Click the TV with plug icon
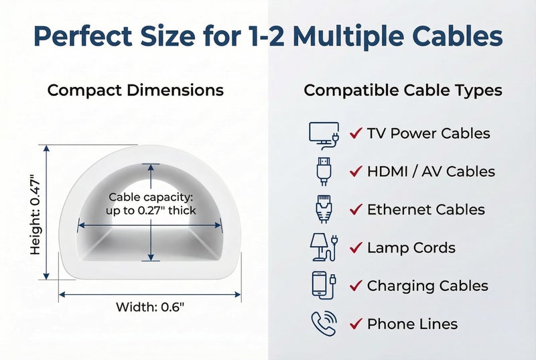[x=324, y=135]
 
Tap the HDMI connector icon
[x=324, y=171]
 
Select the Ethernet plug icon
[x=324, y=209]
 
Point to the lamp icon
[x=324, y=247]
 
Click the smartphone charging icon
[x=324, y=286]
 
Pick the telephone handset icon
[x=324, y=323]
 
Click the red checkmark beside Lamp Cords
[x=356, y=247]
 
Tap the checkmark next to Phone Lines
[x=356, y=323]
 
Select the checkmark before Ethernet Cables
[x=356, y=209]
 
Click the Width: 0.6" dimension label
[x=150, y=307]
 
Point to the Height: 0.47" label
[x=36, y=215]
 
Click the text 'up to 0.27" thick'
[x=151, y=211]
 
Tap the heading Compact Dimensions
[x=135, y=91]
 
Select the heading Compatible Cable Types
[x=403, y=91]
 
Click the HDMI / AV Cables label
[x=431, y=171]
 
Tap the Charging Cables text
[x=427, y=286]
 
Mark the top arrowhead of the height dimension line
[x=47, y=148]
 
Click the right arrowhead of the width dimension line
[x=238, y=294]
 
